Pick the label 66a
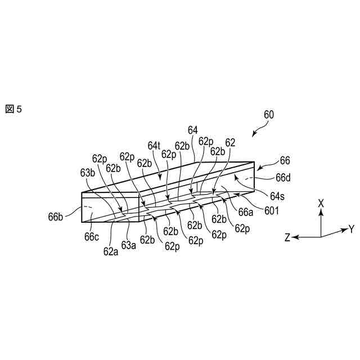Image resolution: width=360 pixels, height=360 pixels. point(246,212)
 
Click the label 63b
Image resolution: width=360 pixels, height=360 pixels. point(88,173)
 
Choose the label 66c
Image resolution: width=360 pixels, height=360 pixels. point(92,236)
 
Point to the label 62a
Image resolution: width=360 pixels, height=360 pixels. point(110,251)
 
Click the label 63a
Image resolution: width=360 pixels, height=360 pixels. point(129,245)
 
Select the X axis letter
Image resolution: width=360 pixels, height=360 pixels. point(321,202)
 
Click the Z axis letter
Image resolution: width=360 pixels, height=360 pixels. point(287,238)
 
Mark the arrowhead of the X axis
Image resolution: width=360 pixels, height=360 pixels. point(321,212)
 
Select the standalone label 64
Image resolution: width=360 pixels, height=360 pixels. point(193,130)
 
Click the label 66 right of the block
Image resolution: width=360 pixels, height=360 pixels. point(285,160)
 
